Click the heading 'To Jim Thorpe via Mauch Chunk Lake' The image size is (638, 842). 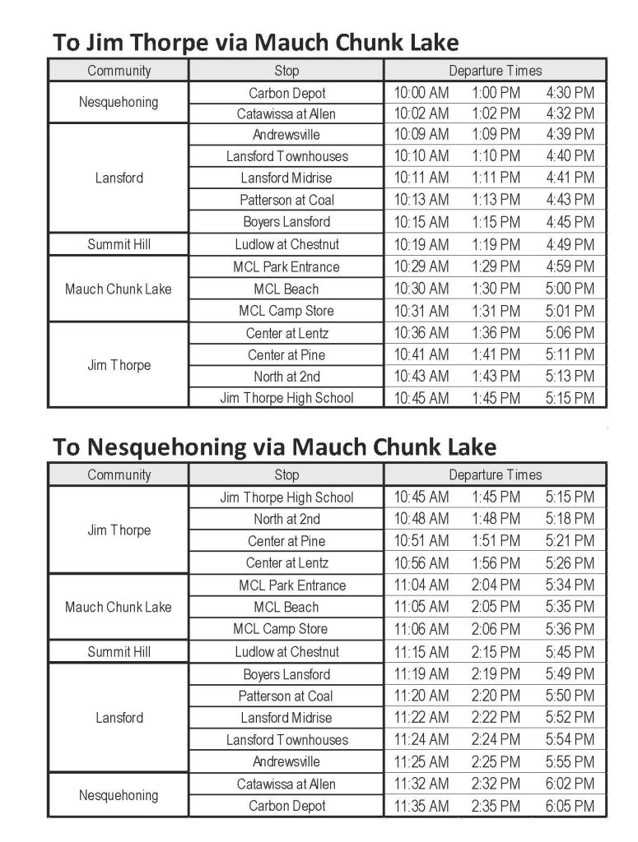255,42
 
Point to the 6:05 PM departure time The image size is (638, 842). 569,806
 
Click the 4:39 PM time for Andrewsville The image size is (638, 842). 569,134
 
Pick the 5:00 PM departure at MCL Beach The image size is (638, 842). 569,289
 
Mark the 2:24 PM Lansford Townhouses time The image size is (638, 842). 496,739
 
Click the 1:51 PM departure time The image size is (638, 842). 496,541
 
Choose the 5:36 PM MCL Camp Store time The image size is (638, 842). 569,629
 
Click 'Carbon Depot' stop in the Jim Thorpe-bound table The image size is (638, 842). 287,93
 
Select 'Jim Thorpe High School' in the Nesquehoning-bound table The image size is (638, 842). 286,497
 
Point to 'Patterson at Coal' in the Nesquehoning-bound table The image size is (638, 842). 286,696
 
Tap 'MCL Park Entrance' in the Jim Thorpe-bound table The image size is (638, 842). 286,266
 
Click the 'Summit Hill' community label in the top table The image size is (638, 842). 119,244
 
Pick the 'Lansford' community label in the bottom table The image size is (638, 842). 119,717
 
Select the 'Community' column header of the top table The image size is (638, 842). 119,70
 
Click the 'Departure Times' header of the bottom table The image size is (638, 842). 495,474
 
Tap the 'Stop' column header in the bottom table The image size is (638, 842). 286,474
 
